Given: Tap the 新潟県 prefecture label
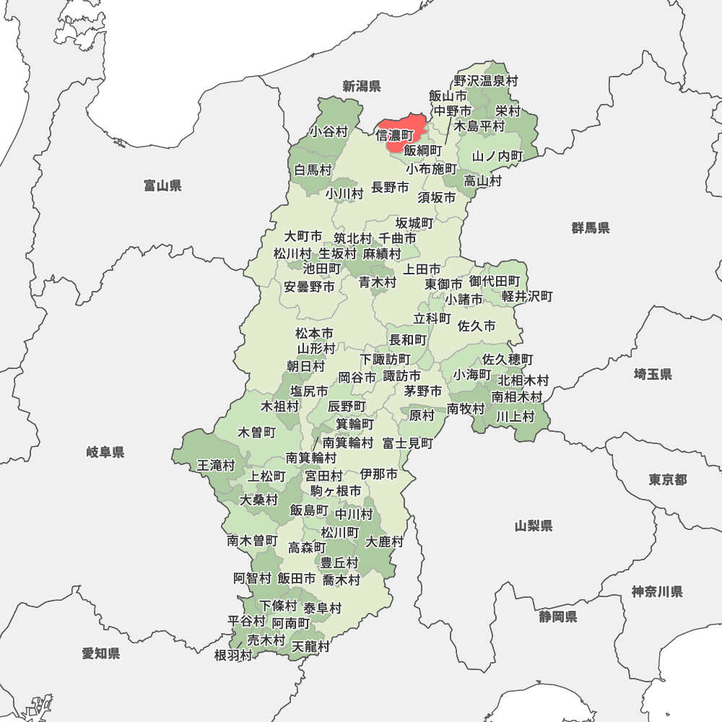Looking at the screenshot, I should [362, 87].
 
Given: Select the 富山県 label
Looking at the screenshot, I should [162, 186].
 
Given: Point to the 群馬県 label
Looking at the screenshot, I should [591, 228].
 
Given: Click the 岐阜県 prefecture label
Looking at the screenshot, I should [105, 453].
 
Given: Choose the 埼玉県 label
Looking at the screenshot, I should [653, 374].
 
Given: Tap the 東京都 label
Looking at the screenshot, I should [668, 480].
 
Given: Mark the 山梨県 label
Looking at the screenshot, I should [534, 526].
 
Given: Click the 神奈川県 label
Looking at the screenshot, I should [657, 592].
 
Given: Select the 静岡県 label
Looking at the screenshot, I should [557, 617].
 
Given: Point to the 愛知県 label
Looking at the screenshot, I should [101, 653].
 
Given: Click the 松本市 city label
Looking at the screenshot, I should [315, 334].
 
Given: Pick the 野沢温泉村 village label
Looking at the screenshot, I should [486, 81].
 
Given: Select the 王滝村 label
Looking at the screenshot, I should [216, 466].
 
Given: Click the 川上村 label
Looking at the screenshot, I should [515, 416].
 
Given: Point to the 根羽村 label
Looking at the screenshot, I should [233, 655].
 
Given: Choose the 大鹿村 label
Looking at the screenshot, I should [385, 541].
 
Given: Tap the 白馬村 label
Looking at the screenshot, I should [313, 170].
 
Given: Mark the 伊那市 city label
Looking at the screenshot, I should [379, 474].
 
